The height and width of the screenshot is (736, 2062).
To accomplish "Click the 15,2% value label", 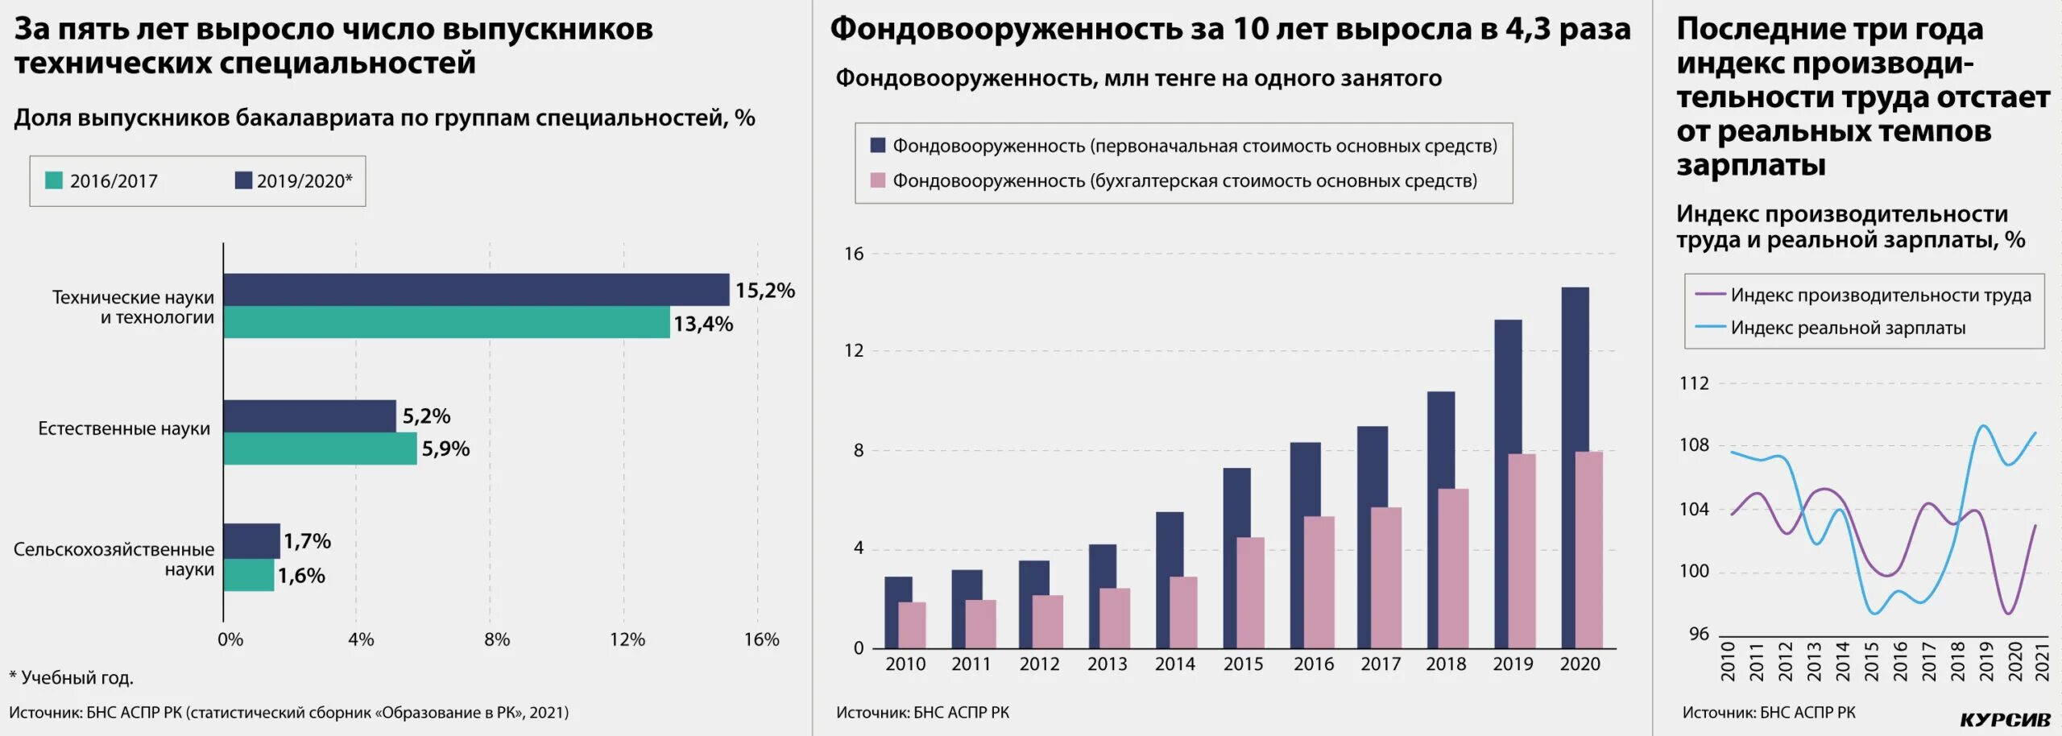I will [x=764, y=291].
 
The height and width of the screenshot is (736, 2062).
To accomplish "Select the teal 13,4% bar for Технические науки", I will [x=446, y=322].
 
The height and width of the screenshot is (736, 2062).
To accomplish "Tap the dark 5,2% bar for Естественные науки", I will [x=309, y=416].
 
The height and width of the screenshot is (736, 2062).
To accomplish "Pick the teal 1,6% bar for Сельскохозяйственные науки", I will [x=249, y=575].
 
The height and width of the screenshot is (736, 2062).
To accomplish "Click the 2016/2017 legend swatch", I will [x=54, y=180].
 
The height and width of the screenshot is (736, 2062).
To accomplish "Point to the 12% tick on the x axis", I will [x=627, y=639].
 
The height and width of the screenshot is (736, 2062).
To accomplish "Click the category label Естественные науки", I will [x=124, y=428].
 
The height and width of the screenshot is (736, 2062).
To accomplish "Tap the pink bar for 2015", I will [x=1251, y=592].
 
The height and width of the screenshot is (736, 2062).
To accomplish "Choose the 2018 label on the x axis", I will [x=1446, y=664].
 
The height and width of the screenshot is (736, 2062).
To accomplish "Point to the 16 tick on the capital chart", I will [x=854, y=254].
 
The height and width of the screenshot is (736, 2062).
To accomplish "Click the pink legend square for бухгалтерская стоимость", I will [x=878, y=180].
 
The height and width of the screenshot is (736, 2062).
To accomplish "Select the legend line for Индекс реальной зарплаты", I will [x=1710, y=328].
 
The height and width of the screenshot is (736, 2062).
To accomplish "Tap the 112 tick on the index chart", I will [x=1694, y=383].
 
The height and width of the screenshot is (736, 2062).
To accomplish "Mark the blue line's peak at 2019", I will [x=1983, y=426].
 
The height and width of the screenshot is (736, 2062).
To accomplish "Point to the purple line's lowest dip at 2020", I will [x=2009, y=614].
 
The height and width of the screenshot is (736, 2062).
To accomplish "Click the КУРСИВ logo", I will [x=2004, y=719].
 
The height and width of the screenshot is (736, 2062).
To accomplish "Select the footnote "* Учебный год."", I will [x=71, y=678].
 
